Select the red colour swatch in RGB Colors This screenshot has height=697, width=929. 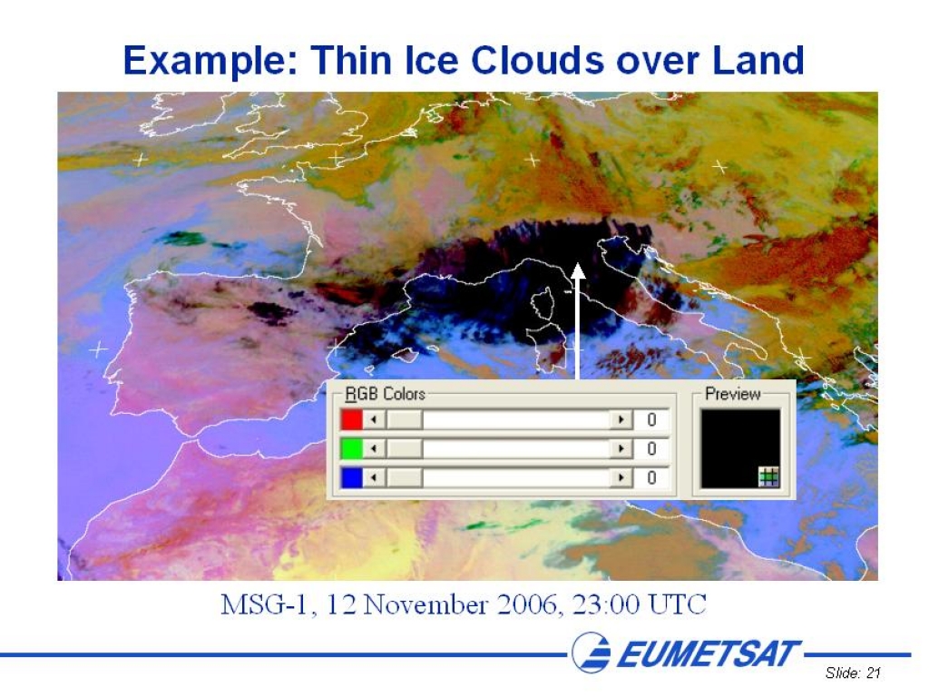pos(351,419)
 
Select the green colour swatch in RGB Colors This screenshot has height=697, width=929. pos(351,448)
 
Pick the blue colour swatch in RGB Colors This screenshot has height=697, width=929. pos(351,477)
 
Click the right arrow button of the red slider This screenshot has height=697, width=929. pos(621,419)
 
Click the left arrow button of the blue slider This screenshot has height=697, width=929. pos(373,477)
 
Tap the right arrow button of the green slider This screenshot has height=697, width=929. pos(621,448)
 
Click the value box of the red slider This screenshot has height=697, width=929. pos(651,419)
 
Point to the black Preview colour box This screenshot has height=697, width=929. pos(740,448)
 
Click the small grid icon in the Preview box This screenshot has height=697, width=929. pos(768,476)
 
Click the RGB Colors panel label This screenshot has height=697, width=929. pos(385,394)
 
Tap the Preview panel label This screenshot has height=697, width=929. pos(733,394)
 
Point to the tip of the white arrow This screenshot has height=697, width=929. pos(578,264)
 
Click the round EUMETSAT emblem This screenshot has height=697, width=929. pos(591,653)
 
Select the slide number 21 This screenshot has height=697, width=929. pos(874,672)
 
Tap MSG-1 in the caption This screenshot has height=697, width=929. pos(264,605)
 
